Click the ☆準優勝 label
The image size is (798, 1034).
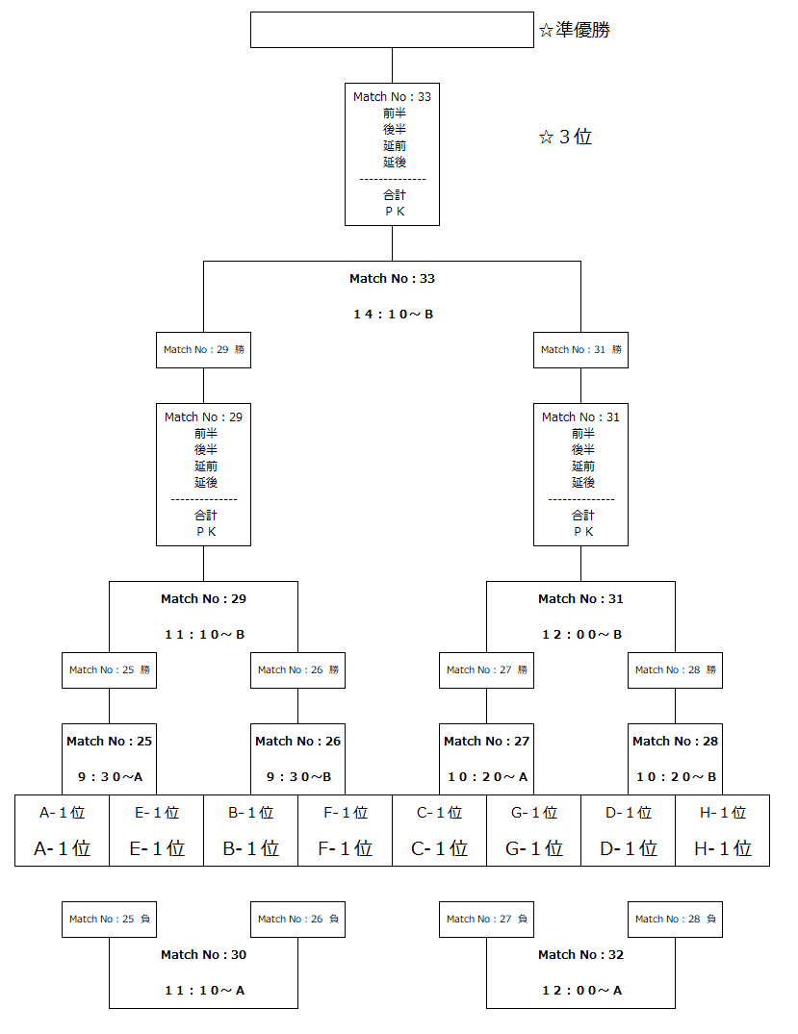pos(574,31)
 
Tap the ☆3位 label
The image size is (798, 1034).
pos(565,138)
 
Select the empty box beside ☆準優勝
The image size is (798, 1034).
pos(392,30)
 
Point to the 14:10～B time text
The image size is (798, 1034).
pos(392,315)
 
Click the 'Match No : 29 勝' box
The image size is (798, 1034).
pos(203,350)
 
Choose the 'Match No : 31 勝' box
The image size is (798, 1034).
pos(580,350)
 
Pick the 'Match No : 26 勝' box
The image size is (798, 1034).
pos(297,670)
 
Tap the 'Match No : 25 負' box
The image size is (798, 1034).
pos(109,920)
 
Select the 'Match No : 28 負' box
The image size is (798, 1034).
pos(675,920)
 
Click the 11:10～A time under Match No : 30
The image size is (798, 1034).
pos(203,991)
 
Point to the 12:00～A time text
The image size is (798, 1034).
pos(580,991)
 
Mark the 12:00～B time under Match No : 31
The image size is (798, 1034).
pos(580,635)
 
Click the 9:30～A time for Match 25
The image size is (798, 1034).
pos(109,777)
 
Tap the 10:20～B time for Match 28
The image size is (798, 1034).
pos(675,777)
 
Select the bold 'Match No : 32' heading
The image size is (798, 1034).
pos(580,955)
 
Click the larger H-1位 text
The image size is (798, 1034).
pos(722,848)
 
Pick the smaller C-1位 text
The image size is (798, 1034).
pos(439,813)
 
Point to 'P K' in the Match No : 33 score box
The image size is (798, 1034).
pos(392,212)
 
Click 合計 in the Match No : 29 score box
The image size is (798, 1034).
pos(203,516)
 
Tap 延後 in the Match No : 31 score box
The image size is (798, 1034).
pos(580,483)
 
